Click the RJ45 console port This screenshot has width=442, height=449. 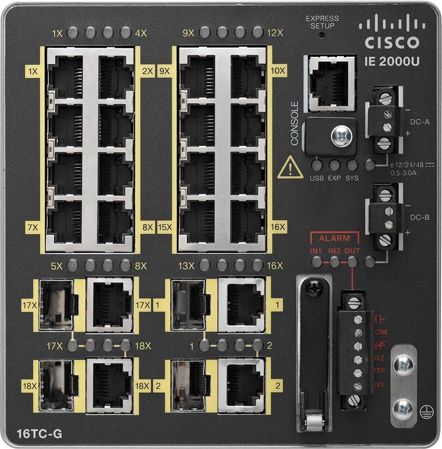tap(331, 82)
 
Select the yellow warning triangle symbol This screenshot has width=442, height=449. tap(290, 169)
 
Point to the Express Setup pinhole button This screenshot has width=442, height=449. tap(321, 36)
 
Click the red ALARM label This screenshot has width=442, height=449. tap(334, 238)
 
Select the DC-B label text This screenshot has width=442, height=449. tap(420, 216)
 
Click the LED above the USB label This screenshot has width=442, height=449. tap(317, 165)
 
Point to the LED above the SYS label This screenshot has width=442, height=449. tap(352, 165)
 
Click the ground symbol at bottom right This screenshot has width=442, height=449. tap(423, 416)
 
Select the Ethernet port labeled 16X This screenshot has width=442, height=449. tap(247, 221)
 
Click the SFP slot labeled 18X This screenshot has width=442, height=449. tap(56, 385)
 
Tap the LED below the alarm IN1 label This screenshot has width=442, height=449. tap(317, 261)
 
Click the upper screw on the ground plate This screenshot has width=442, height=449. tap(403, 366)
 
